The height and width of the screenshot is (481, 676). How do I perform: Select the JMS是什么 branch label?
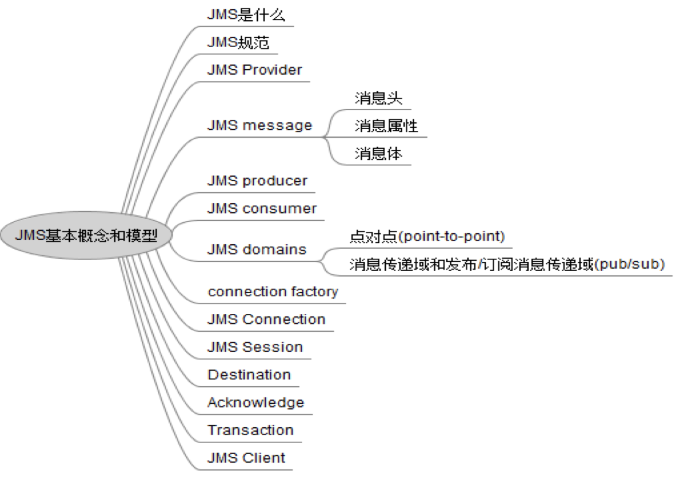pos(246,15)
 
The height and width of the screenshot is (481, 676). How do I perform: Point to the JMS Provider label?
pos(255,70)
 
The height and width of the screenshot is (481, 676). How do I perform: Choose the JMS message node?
pos(260,125)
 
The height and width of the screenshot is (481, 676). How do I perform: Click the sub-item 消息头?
pos(378,98)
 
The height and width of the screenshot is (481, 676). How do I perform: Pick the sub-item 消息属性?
pos(386,126)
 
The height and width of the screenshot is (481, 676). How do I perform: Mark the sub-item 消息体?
pos(378,154)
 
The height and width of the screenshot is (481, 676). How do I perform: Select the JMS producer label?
pos(257,181)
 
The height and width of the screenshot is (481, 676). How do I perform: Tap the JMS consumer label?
pos(262,209)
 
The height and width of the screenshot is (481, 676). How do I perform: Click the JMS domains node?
pos(257,250)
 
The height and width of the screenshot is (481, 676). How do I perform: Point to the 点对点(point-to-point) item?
pos(427,236)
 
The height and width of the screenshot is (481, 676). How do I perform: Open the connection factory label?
pos(272,291)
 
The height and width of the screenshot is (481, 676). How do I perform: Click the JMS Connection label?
pos(266,319)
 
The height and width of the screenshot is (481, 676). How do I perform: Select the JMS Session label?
pos(255,347)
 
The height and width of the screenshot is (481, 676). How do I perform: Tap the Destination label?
pos(249,375)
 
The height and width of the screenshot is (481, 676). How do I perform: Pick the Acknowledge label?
pos(255,403)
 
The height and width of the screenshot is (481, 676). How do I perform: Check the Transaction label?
pos(250,430)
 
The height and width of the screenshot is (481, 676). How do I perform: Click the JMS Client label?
pos(246,458)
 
